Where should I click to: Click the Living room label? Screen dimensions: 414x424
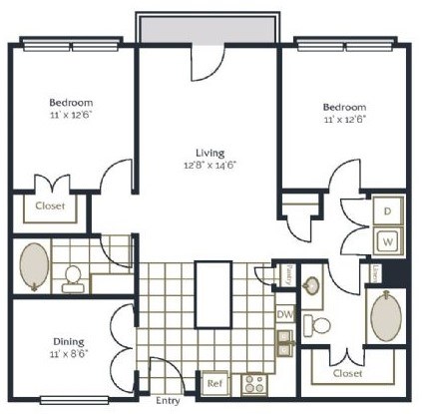pos(209,152)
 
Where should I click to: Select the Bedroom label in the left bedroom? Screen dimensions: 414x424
pos(72,103)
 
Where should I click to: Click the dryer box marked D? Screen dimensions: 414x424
pos(386,212)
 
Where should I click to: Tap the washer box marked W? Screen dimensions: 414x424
pos(386,240)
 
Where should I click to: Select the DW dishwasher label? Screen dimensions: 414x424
pos(284,313)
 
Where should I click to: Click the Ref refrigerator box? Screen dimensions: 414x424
pos(214,382)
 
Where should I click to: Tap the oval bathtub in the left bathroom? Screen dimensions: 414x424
pos(35,267)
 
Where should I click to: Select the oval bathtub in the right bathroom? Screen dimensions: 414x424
pos(385,317)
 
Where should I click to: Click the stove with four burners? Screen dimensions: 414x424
pos(253,382)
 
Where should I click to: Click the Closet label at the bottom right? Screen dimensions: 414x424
pos(347,373)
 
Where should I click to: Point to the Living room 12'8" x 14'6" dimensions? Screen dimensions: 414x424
pos(209,166)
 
